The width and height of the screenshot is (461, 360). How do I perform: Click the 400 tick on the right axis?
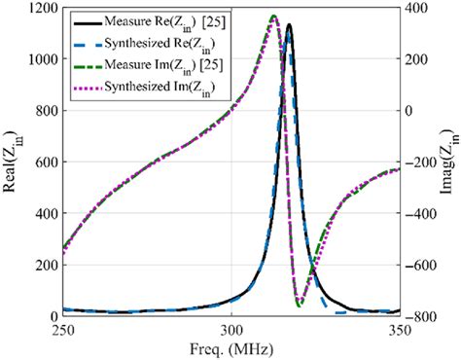(x=417, y=8)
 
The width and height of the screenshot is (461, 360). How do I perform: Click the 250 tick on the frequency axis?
(x=62, y=330)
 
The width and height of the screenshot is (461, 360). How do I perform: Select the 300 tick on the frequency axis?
(x=231, y=330)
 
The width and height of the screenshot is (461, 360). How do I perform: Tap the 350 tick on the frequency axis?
(x=400, y=330)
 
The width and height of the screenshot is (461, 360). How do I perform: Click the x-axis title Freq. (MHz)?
(x=231, y=348)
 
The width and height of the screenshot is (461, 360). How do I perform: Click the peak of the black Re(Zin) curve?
(x=289, y=26)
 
